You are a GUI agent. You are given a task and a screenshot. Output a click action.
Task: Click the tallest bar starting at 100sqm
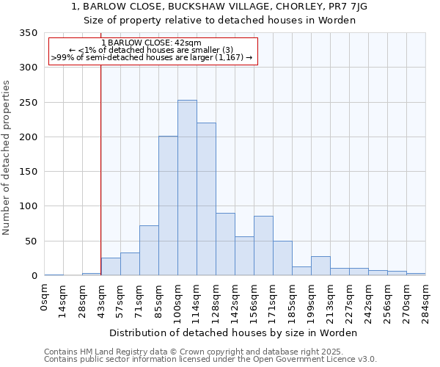[x=187, y=188]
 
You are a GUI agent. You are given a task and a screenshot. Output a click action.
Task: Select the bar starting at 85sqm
[x=168, y=206]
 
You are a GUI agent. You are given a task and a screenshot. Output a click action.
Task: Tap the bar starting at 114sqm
[x=206, y=199]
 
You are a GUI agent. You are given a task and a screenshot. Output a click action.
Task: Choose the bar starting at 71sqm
[x=149, y=250]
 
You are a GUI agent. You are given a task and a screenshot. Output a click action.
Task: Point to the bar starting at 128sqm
[x=225, y=244]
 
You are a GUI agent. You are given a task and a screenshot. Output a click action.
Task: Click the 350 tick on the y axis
[x=28, y=33]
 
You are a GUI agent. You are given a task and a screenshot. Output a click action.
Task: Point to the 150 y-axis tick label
[x=28, y=172]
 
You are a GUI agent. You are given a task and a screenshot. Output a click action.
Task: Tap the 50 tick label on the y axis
[x=31, y=241]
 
